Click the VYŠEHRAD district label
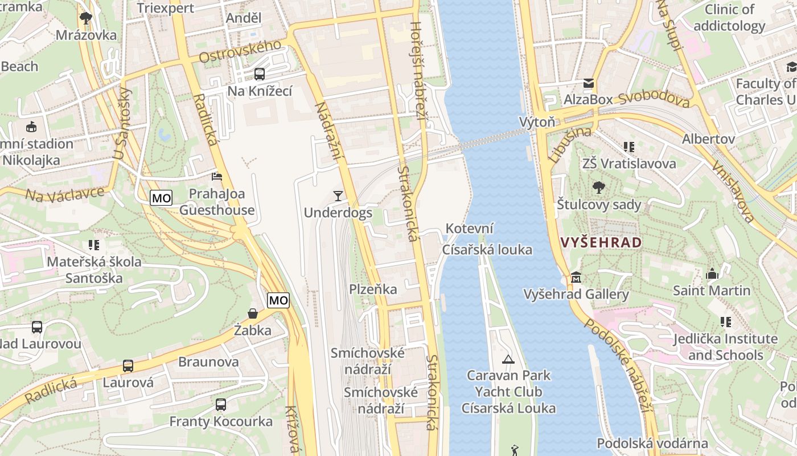point(601,242)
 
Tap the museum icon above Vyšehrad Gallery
point(576,278)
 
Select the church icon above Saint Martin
point(712,274)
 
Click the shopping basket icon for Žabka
point(253,313)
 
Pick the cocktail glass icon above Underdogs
point(338,196)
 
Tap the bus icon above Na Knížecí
point(260,74)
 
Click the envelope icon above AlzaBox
point(589,83)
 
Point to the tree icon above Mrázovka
point(86,18)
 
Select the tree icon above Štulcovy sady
point(598,188)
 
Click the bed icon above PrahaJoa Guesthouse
point(217,177)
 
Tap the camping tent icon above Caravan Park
point(508,359)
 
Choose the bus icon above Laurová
point(128,366)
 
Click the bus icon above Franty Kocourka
point(221,405)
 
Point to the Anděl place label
point(244,18)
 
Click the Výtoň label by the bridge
point(537,122)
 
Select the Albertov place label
point(708,139)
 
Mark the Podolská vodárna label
point(652,443)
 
